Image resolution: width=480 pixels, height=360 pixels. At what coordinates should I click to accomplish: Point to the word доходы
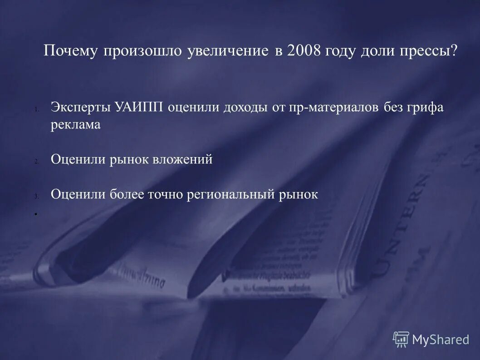point(243,108)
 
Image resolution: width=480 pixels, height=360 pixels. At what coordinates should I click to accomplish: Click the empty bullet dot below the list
point(35,213)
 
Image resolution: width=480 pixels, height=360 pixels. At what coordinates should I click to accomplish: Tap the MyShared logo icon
point(401,339)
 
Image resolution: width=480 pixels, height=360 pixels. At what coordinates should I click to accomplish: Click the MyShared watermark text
point(440,340)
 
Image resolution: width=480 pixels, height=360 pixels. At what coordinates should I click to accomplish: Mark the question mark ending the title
point(454,51)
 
